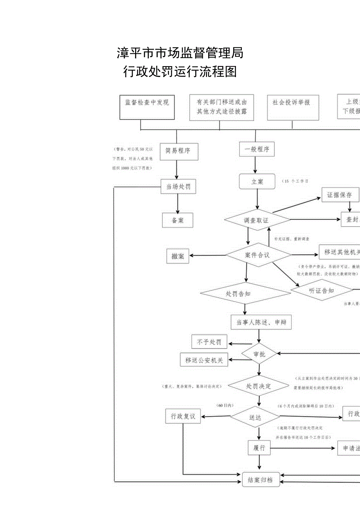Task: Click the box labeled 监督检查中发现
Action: click(x=147, y=107)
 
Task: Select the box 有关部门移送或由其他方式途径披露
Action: click(x=221, y=107)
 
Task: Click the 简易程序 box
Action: click(x=178, y=151)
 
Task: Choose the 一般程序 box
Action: click(x=257, y=149)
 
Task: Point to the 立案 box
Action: click(x=257, y=182)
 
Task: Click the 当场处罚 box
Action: click(x=178, y=187)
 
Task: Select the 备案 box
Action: click(x=178, y=220)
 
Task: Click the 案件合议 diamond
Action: click(x=257, y=255)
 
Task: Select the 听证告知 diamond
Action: click(x=321, y=290)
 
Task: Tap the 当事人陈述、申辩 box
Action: click(x=261, y=323)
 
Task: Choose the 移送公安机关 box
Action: click(x=204, y=360)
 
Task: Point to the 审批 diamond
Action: click(x=259, y=354)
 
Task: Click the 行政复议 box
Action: click(x=183, y=416)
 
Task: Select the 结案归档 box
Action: click(x=261, y=480)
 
